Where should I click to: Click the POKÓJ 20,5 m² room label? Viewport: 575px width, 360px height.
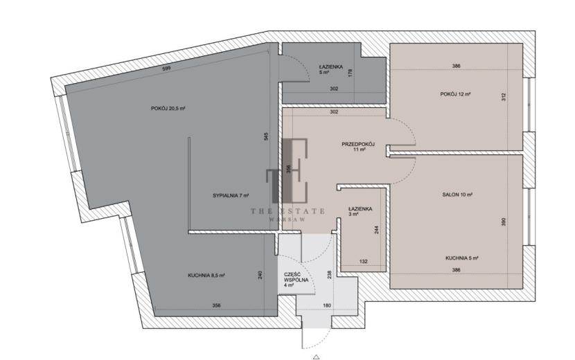[168, 109]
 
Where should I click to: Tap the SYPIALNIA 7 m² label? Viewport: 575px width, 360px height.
[231, 196]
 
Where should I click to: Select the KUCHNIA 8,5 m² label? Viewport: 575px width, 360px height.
[206, 276]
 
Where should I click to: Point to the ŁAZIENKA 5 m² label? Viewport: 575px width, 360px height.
[330, 70]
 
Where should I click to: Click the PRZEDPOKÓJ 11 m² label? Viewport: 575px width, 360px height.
[358, 147]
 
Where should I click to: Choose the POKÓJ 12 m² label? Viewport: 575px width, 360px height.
[455, 94]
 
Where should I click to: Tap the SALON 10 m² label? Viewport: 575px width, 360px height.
[457, 195]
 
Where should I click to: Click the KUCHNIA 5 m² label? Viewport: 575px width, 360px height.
[462, 258]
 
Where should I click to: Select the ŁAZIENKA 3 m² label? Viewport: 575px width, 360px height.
[360, 212]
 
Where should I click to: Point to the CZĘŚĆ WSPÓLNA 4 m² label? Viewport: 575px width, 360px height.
[296, 280]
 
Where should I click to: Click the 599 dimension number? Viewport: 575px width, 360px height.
[166, 68]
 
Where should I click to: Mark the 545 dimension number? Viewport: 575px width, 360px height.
[267, 136]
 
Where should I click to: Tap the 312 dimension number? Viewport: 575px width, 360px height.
[504, 97]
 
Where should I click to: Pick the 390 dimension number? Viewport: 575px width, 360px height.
[504, 222]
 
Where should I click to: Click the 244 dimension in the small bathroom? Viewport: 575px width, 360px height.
[377, 229]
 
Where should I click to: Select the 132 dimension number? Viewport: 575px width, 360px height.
[364, 262]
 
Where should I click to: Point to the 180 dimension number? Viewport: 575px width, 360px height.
[327, 305]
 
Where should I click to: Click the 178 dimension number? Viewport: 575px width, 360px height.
[351, 73]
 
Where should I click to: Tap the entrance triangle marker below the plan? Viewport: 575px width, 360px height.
[317, 357]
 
